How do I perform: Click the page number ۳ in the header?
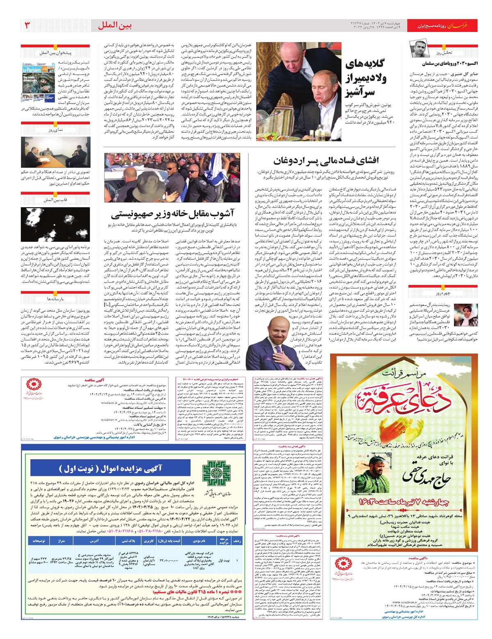[27, 25]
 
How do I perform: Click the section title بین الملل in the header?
[115, 25]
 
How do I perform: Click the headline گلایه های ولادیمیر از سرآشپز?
[365, 78]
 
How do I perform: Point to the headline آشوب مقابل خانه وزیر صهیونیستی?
[172, 214]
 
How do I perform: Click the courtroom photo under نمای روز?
[55, 152]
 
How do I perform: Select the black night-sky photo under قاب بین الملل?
[55, 224]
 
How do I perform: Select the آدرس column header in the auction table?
[94, 541]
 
